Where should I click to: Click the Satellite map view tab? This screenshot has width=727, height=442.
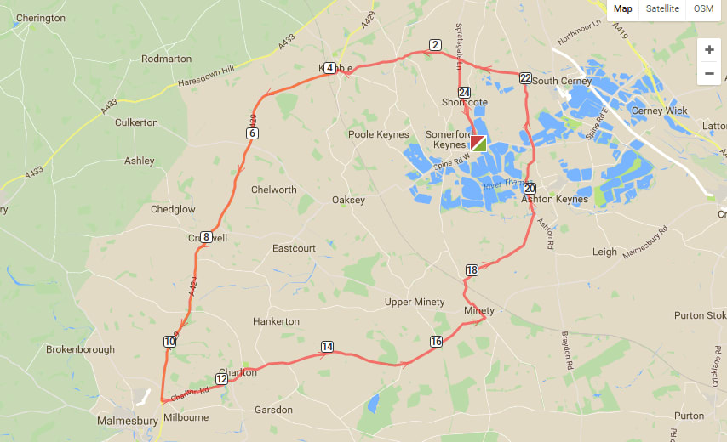click(662, 8)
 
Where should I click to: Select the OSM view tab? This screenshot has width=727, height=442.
click(703, 8)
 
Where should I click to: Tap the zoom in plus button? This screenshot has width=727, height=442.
click(708, 50)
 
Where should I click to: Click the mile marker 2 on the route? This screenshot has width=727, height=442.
click(435, 45)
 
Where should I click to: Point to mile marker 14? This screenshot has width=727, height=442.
click(327, 346)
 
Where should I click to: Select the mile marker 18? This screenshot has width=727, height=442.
click(472, 270)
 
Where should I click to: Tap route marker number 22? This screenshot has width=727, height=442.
click(525, 78)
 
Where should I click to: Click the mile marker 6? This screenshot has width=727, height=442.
click(253, 133)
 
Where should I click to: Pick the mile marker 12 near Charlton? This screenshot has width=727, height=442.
click(221, 379)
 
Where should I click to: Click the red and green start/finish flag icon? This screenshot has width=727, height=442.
click(478, 143)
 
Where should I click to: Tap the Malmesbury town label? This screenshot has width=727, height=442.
click(126, 421)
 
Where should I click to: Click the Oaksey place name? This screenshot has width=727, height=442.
click(348, 201)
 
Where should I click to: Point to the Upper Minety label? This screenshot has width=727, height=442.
click(415, 303)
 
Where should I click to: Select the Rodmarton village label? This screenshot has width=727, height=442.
click(167, 59)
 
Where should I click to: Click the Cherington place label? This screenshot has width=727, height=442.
click(41, 18)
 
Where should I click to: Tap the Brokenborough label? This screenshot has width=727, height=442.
click(79, 349)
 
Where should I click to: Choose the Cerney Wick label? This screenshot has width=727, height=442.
click(659, 111)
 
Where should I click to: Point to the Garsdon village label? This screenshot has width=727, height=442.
click(273, 410)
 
